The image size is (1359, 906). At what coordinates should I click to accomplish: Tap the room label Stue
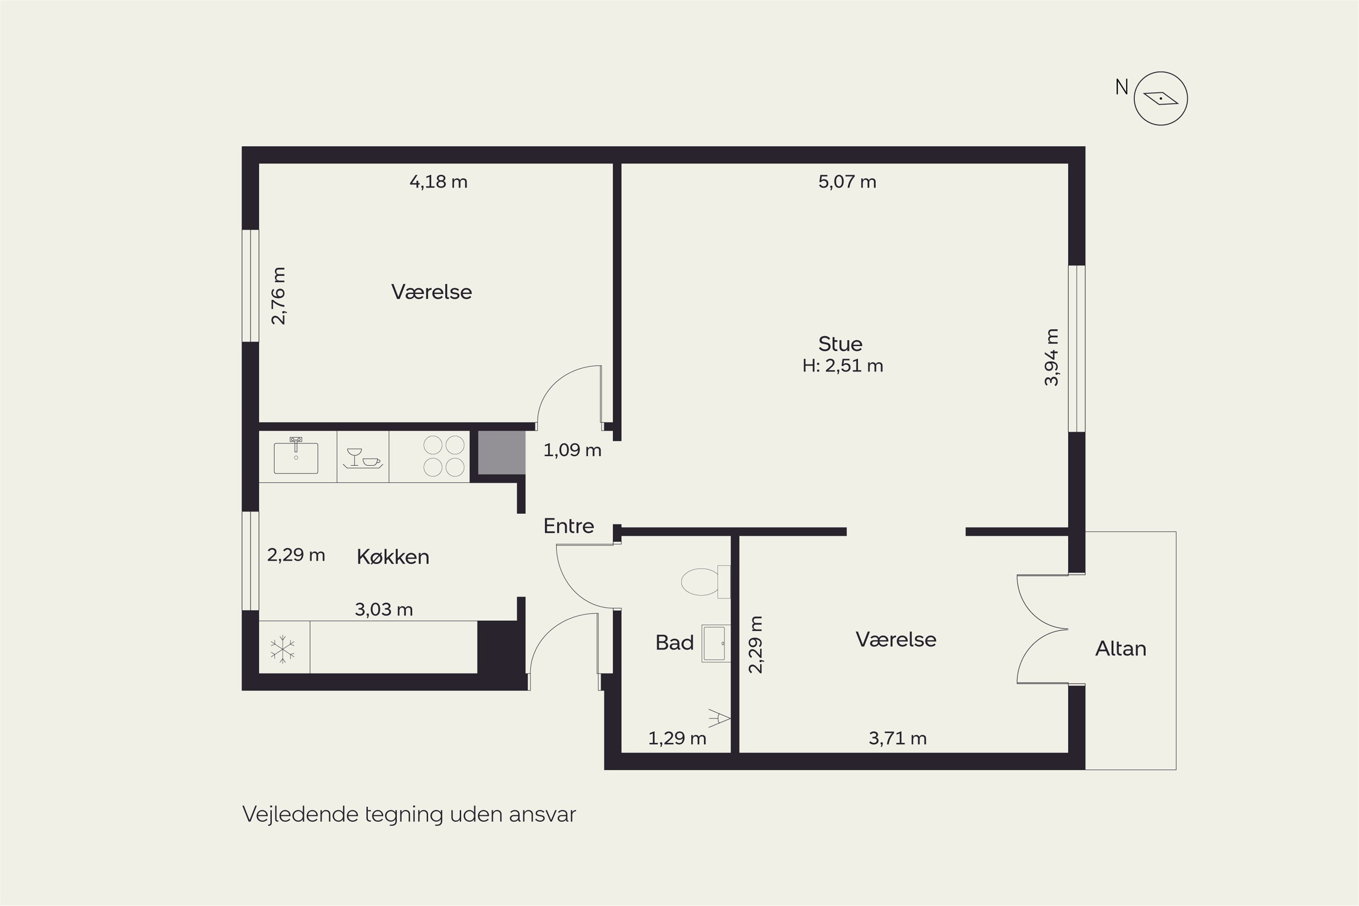click(840, 344)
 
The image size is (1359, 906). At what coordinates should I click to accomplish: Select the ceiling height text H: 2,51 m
click(843, 366)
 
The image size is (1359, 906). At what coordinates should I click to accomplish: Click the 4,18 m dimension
click(439, 182)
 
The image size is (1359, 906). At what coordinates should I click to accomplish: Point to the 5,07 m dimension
click(847, 182)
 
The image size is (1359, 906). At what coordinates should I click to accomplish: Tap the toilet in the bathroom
click(705, 581)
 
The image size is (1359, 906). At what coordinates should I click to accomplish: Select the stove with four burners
click(444, 456)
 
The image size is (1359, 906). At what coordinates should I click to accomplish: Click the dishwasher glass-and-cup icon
click(362, 458)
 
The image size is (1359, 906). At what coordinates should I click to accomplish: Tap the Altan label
click(1121, 648)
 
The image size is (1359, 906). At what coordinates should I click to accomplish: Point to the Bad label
click(675, 642)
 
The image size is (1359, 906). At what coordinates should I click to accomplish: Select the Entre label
click(569, 526)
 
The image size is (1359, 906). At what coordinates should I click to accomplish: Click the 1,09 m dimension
click(572, 450)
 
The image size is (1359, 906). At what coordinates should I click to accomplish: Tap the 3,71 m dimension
click(897, 738)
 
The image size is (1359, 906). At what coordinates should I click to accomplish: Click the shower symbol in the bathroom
click(720, 718)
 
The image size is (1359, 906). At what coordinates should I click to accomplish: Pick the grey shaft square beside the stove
click(501, 453)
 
